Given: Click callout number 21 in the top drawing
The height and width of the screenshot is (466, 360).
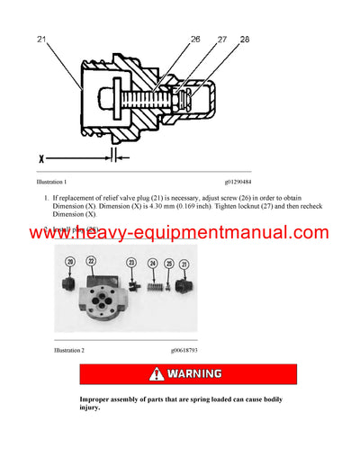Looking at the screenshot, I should click(x=42, y=40).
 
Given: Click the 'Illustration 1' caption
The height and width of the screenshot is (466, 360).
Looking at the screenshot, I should click(x=75, y=182).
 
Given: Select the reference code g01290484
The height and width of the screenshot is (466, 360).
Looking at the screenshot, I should click(x=232, y=182).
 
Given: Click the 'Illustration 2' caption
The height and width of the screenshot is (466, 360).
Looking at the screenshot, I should click(x=75, y=349).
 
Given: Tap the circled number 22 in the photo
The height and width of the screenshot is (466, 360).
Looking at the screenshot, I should click(x=91, y=261).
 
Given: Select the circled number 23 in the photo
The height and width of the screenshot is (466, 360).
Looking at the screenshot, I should click(x=132, y=264).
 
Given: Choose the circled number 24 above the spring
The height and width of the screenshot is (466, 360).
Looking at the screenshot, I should click(x=152, y=264).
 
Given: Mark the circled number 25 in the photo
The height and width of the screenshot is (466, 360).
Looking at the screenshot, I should click(x=168, y=264).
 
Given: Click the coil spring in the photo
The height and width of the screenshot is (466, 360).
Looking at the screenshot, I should click(x=153, y=282).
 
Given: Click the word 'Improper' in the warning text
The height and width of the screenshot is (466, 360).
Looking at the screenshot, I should click(x=96, y=398).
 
